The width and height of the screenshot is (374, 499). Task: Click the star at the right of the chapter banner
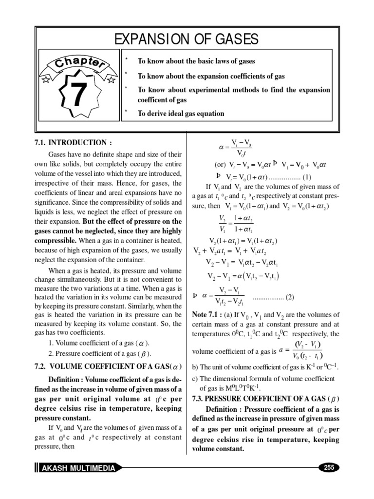[x=111, y=78]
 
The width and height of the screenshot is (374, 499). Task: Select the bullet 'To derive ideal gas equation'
[x=181, y=114]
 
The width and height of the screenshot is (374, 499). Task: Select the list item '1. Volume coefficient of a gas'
[x=99, y=343]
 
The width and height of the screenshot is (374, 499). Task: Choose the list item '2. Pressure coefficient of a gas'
[x=100, y=353]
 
